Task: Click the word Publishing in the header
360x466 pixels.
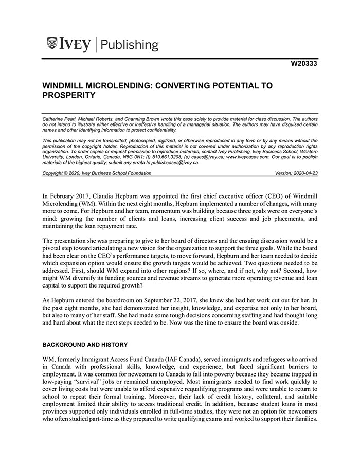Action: tap(130, 45)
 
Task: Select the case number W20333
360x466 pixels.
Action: tap(304, 64)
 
